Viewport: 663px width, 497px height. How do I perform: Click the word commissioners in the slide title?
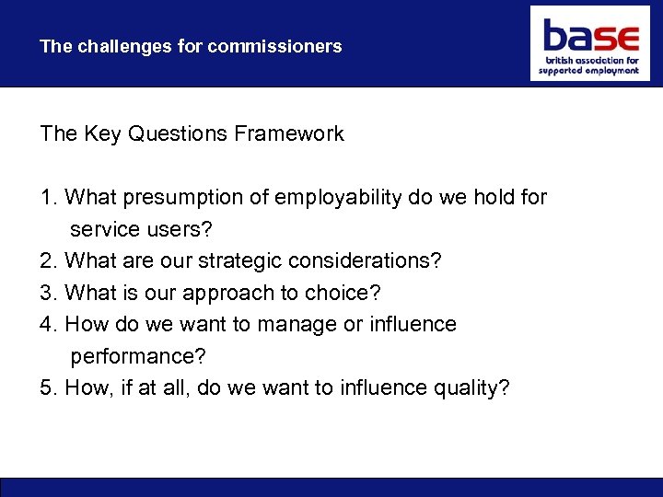274,46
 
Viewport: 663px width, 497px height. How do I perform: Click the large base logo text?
590,37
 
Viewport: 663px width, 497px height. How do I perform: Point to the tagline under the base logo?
590,66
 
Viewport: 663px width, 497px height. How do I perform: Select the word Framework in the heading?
289,134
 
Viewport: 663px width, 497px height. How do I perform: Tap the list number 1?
48,198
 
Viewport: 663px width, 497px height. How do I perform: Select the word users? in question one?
180,229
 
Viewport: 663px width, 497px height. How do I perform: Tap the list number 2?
48,261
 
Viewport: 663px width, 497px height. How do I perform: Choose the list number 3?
48,293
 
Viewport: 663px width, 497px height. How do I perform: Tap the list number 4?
48,325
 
